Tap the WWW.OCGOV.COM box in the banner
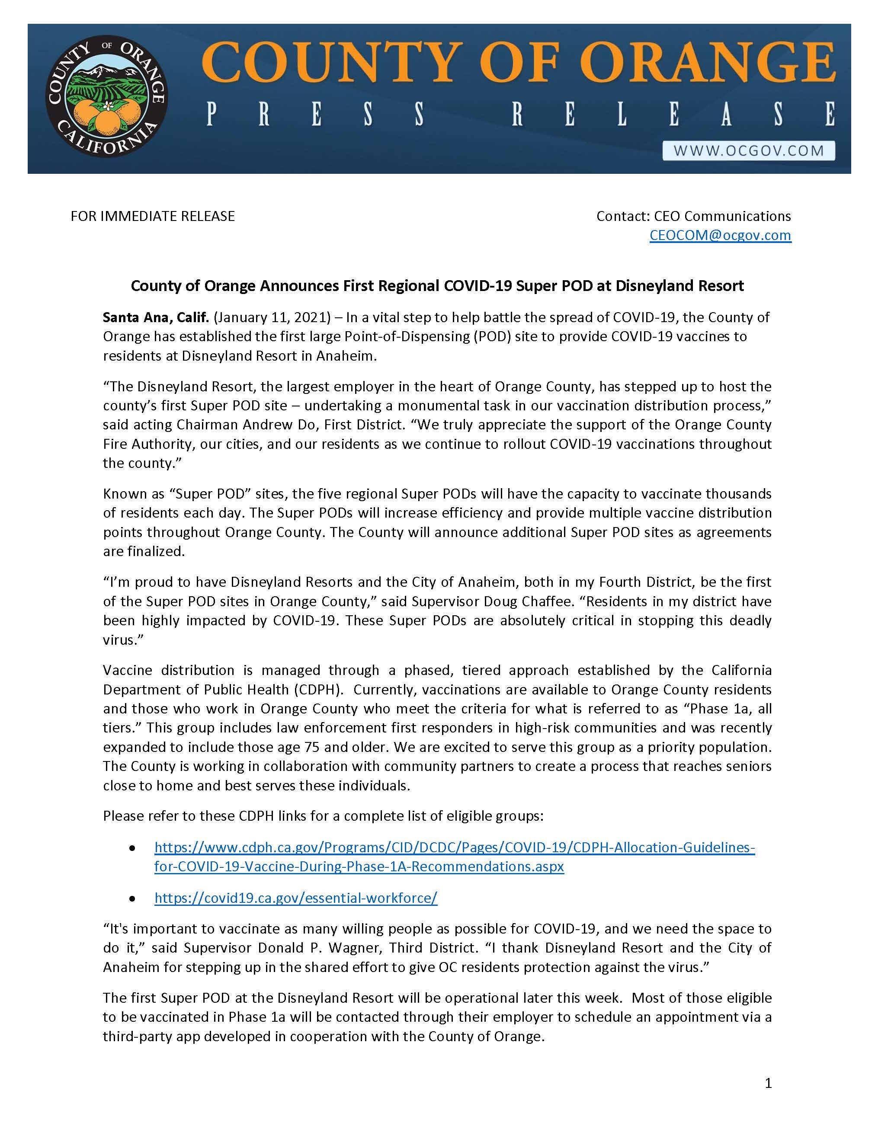pos(749,151)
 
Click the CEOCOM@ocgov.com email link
pos(720,235)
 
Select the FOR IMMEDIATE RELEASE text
pos(152,216)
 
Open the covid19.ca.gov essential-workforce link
pos(295,898)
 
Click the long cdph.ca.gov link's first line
pos(454,847)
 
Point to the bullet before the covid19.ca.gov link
pos(133,898)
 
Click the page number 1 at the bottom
pos(768,1083)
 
